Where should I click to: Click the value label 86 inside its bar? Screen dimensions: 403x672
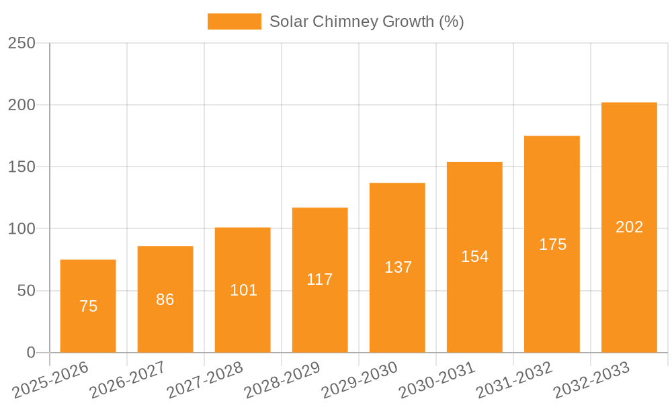click(x=165, y=300)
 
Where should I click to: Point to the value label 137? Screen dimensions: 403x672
click(x=398, y=267)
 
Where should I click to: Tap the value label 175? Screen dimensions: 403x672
click(x=552, y=244)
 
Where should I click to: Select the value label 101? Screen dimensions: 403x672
click(x=243, y=290)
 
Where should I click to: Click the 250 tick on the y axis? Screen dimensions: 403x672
click(x=22, y=43)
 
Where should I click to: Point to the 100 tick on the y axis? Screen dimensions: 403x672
click(x=22, y=229)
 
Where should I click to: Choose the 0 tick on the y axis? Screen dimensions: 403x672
click(x=30, y=353)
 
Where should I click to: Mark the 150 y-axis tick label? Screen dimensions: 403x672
click(x=22, y=167)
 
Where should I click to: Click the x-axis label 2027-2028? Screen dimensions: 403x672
click(x=205, y=380)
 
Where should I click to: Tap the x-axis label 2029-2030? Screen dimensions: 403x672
click(x=360, y=380)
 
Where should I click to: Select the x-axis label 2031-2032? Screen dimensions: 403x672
click(x=514, y=380)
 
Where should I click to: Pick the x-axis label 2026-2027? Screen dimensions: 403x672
click(x=128, y=380)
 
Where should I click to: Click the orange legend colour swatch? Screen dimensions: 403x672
click(x=234, y=21)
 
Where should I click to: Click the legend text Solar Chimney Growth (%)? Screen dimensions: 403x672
click(x=366, y=21)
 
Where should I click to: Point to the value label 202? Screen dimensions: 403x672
click(x=629, y=227)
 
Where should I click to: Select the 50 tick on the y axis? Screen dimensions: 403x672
click(x=26, y=291)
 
